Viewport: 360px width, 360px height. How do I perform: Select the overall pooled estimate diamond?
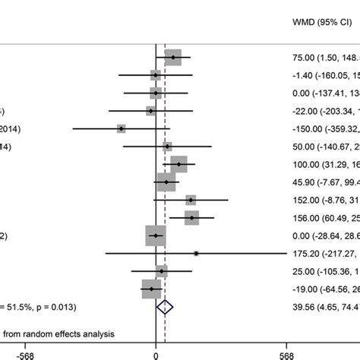165,307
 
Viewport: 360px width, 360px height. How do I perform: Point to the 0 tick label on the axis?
156,352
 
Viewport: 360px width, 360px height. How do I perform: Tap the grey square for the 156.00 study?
191,218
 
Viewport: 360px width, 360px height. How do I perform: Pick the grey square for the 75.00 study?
173,57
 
